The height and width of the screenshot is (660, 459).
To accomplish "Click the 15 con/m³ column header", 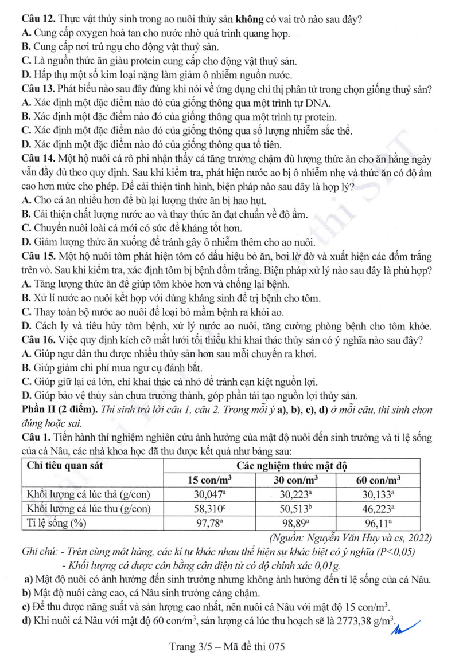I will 209,479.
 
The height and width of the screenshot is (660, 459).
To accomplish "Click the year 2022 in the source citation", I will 420,538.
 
